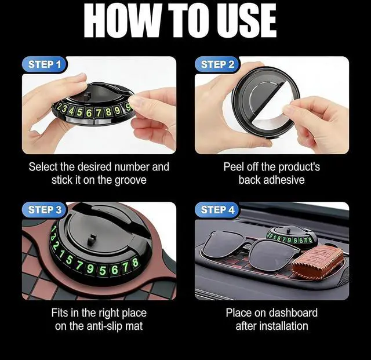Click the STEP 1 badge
45,64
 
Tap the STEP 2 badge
218,64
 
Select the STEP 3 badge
45,210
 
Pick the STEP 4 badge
218,210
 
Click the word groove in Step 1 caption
130,180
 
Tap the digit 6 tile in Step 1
89,113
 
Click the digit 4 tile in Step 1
71,111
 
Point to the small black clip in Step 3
92,240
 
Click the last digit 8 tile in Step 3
135,263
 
